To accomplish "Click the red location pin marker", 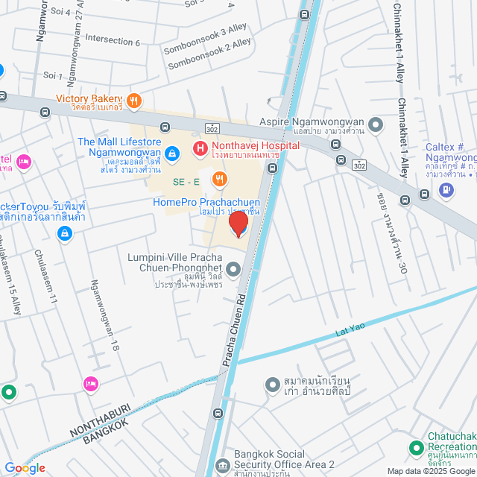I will (x=238, y=223).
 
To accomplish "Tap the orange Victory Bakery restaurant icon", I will (x=133, y=101).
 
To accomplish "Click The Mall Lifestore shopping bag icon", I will (x=172, y=153).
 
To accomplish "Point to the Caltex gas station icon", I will (x=446, y=189).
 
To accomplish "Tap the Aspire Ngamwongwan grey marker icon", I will (x=375, y=124).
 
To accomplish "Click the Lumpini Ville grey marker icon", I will (x=234, y=269).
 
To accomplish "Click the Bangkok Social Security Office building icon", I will (x=222, y=466).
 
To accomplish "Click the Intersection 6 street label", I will (x=113, y=40).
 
